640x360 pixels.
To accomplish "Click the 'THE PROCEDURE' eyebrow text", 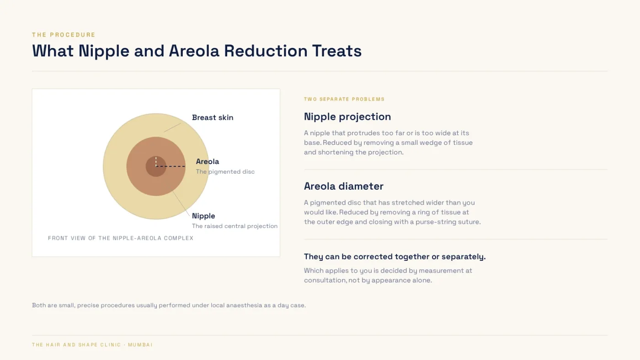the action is (64, 35).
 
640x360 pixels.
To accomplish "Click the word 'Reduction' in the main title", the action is (266, 51).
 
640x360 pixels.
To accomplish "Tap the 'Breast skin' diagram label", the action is (213, 117).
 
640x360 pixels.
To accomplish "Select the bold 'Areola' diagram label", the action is (208, 162).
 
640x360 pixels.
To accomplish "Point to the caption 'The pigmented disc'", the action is (225, 172).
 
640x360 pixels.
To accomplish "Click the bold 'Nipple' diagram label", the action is (203, 216).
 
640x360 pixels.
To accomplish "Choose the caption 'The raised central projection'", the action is (235, 226).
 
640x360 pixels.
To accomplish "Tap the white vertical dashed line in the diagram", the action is (156, 161).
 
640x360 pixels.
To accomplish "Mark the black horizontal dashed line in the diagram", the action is (171, 166).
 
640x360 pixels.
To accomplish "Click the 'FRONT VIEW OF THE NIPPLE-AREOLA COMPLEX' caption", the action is (121, 238).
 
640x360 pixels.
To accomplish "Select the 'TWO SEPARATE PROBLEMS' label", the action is (344, 99).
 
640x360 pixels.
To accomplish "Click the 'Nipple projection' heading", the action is (347, 117).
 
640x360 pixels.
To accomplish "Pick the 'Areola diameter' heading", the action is (344, 186).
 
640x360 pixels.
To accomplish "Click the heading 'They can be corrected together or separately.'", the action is (395, 257).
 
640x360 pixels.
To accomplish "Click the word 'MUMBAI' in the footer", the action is (140, 345).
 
